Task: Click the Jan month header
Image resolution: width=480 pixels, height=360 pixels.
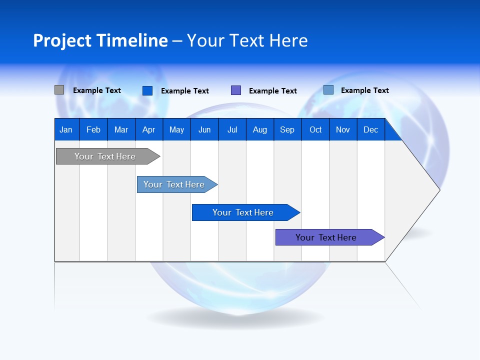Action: (x=66, y=129)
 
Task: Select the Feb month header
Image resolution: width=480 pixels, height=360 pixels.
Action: (x=93, y=129)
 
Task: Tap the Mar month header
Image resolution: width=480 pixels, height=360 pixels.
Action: (x=121, y=129)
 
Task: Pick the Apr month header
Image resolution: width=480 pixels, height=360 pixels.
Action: (x=149, y=129)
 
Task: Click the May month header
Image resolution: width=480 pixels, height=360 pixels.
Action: (x=176, y=129)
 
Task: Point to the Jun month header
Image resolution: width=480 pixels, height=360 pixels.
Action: (x=204, y=129)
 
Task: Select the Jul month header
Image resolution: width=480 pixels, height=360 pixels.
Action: (x=232, y=129)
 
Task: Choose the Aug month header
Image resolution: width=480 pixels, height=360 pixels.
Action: (x=260, y=129)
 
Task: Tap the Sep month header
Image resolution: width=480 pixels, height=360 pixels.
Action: (x=287, y=129)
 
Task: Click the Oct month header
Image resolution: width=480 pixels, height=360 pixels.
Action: (x=315, y=129)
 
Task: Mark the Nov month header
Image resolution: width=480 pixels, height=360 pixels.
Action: (x=343, y=129)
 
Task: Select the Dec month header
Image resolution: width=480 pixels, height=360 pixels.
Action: (x=371, y=129)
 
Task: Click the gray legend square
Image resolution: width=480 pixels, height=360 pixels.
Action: (x=59, y=90)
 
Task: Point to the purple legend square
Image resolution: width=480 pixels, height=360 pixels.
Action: (x=236, y=90)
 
